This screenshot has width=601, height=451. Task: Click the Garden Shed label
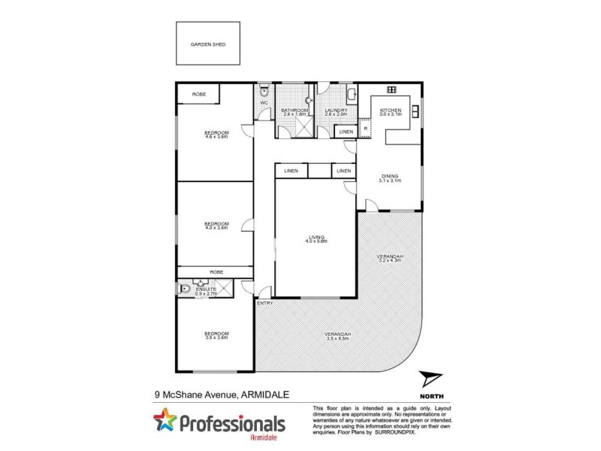208,44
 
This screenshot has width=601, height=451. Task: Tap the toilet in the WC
264,92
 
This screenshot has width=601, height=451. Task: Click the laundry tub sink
351,95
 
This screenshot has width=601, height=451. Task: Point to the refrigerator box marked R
365,129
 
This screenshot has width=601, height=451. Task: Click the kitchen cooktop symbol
391,90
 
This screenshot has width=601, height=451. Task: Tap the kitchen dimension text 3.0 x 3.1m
391,116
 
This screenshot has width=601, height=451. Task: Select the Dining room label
390,176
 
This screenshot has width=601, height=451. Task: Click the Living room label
316,237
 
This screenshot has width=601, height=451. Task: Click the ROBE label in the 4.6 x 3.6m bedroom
198,94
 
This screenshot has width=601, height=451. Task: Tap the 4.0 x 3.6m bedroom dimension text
217,228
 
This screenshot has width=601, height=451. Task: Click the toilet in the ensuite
183,288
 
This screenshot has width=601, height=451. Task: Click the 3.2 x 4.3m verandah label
390,260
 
